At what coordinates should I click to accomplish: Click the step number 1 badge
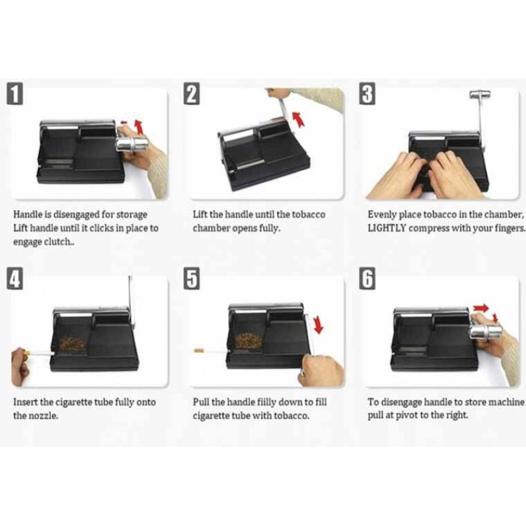pyautogui.click(x=14, y=93)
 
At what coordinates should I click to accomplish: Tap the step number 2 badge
pyautogui.click(x=191, y=93)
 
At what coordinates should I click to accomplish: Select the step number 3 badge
pyautogui.click(x=368, y=93)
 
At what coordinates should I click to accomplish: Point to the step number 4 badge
pyautogui.click(x=14, y=278)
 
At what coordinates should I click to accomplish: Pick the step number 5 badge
pyautogui.click(x=191, y=278)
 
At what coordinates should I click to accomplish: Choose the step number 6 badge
pyautogui.click(x=368, y=278)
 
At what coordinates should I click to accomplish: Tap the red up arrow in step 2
pyautogui.click(x=298, y=120)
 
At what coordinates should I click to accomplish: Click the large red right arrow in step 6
pyautogui.click(x=481, y=308)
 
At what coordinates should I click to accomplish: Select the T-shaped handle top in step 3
pyautogui.click(x=480, y=95)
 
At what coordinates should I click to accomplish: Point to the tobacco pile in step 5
pyautogui.click(x=248, y=341)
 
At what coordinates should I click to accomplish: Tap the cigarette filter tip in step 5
pyautogui.click(x=199, y=351)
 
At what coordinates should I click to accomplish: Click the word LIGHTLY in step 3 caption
pyautogui.click(x=387, y=228)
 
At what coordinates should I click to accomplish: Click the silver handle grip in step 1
pyautogui.click(x=132, y=145)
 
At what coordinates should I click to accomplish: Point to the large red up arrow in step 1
pyautogui.click(x=139, y=126)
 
